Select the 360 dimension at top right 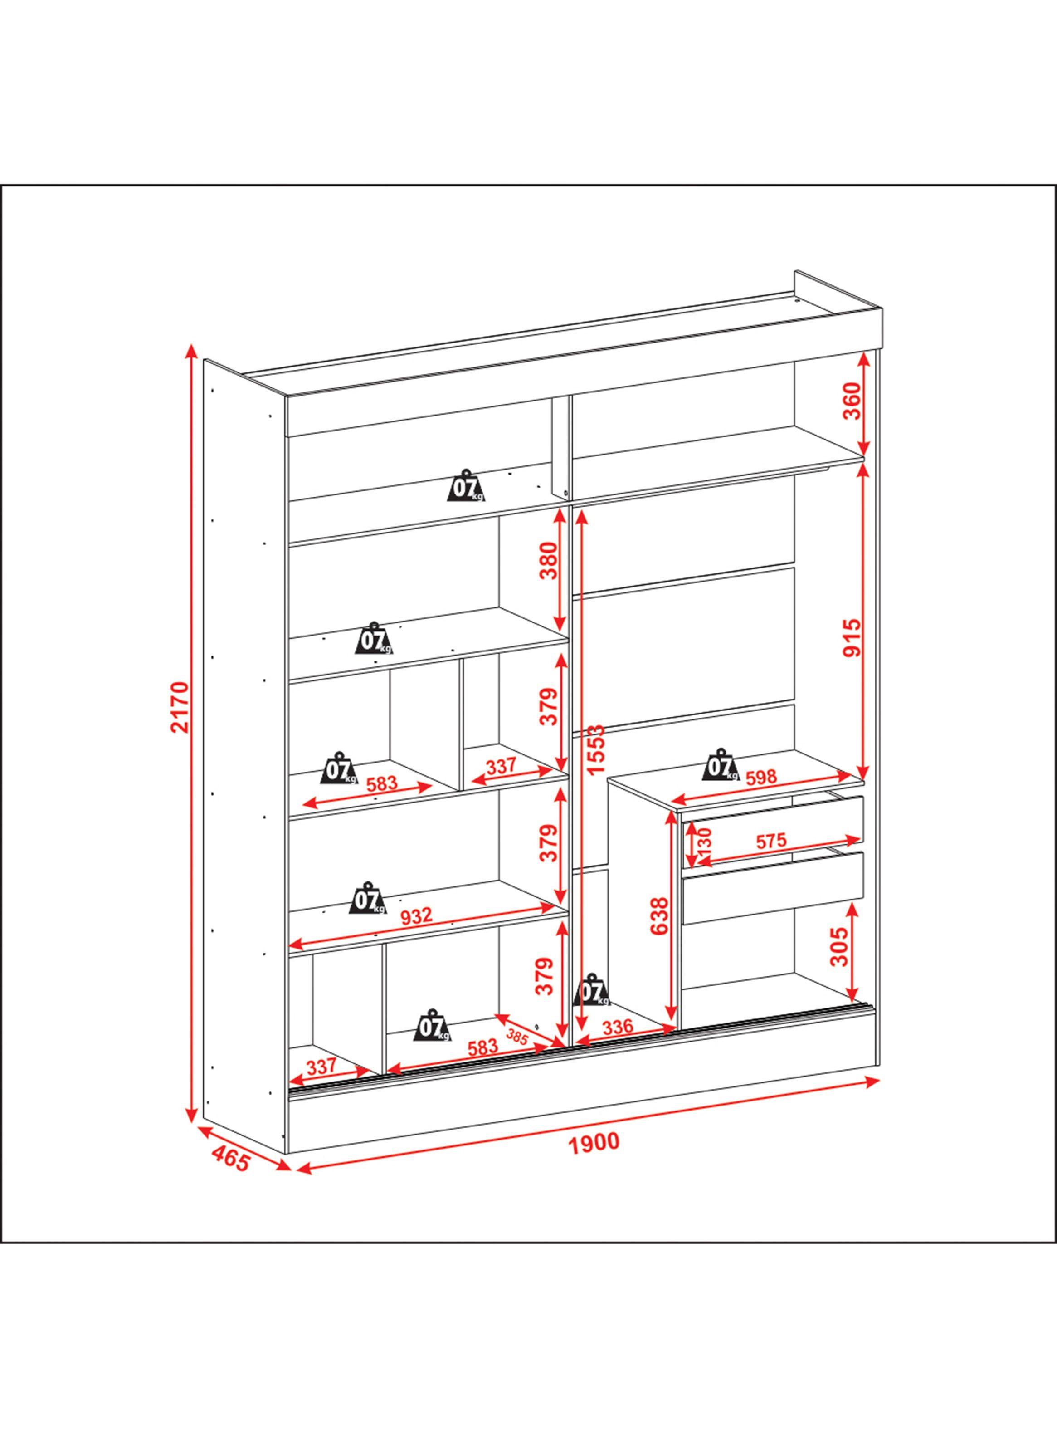point(853,401)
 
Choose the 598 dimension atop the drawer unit point(761,778)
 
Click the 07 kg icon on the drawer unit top point(721,763)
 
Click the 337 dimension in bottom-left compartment point(321,1066)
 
